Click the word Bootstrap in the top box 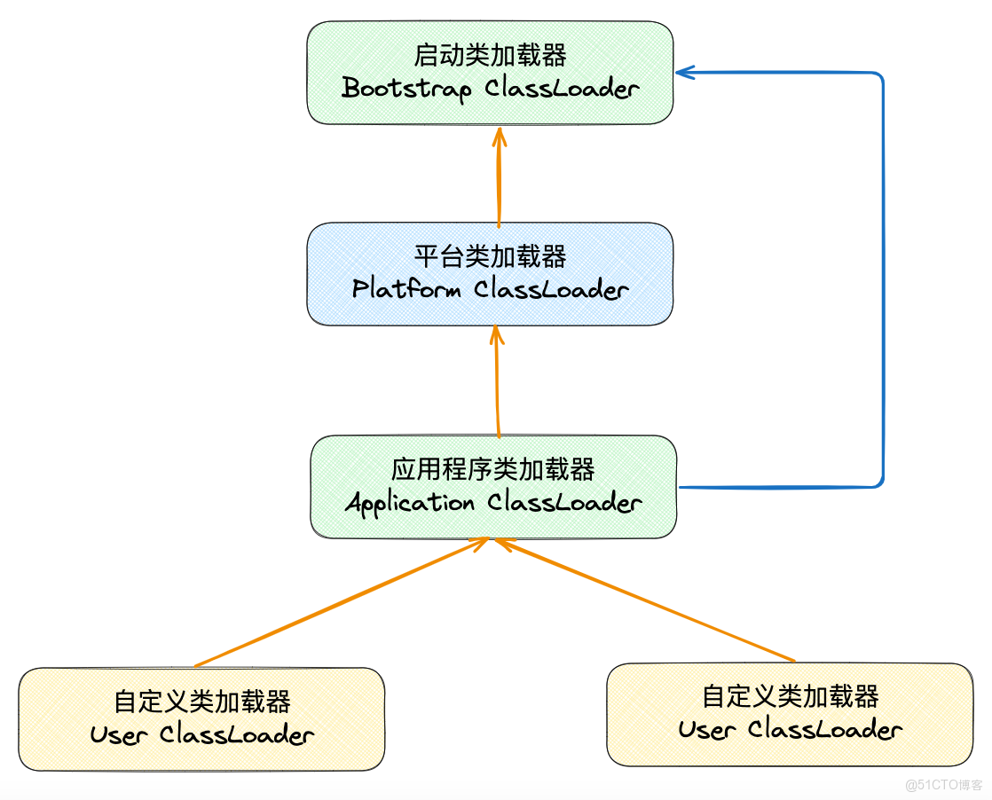tap(405, 89)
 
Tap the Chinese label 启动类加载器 tap(490, 56)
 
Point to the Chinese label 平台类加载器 tap(490, 257)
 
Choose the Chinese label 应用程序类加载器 tap(493, 469)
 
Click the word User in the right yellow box tap(706, 730)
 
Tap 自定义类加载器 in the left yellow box tap(202, 702)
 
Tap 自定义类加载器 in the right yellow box tap(791, 696)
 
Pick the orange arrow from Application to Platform tap(498, 381)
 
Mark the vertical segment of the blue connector tap(884, 279)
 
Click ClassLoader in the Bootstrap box tap(562, 89)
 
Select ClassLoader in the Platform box tap(551, 289)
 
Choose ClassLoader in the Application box tap(564, 503)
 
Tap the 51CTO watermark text tap(944, 785)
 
